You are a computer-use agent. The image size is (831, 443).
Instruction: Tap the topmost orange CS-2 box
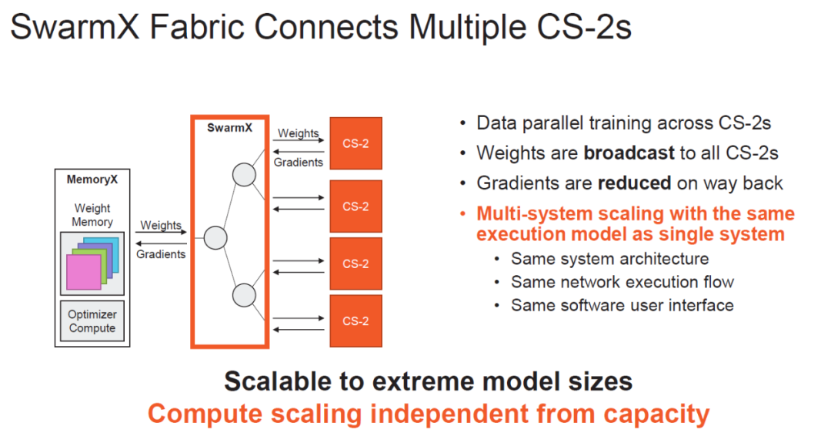coord(355,143)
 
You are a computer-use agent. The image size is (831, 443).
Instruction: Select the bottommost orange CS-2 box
coord(355,321)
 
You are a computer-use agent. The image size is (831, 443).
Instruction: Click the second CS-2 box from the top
coord(355,206)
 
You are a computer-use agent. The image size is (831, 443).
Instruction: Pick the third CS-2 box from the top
coord(355,263)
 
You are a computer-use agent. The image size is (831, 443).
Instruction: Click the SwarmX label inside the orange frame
coord(229,128)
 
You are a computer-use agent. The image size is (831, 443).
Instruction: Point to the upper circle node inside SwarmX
coord(244,176)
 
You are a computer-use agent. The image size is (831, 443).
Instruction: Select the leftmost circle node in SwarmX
coord(215,238)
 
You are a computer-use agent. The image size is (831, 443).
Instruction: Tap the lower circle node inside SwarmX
coord(244,294)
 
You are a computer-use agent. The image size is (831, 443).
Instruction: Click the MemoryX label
coord(92,180)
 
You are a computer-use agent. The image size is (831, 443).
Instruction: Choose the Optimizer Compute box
coord(92,321)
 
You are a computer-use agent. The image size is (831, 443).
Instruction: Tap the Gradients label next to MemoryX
coord(161,254)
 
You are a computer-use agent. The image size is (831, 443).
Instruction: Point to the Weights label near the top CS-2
coord(298,133)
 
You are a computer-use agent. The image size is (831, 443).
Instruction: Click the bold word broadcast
coord(629,153)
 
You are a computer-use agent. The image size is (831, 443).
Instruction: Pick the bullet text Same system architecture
coord(609,259)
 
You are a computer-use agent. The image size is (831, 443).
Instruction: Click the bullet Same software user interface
coord(622,305)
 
